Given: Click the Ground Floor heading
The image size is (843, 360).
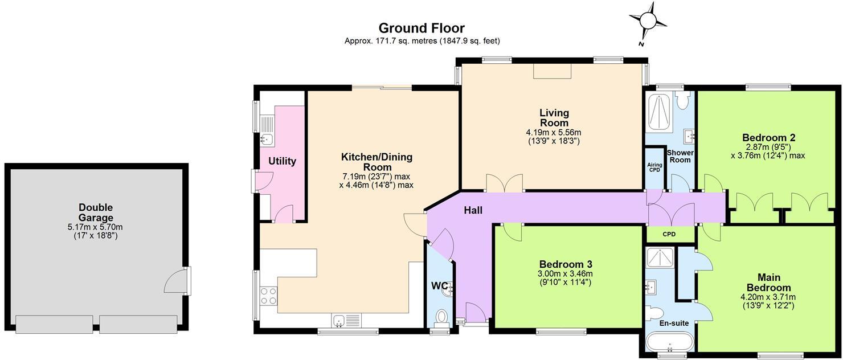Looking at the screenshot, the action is pos(421,28).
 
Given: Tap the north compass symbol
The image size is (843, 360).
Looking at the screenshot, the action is pos(648,21).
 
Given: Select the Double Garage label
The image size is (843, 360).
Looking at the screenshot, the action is pos(96,212).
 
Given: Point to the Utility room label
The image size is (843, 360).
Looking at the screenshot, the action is pos(283,161).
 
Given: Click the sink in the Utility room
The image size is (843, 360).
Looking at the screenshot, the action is pos(268,140).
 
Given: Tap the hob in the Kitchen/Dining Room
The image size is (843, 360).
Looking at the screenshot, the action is pos(268,295).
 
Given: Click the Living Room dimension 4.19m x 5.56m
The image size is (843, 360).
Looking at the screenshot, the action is pos(554,132).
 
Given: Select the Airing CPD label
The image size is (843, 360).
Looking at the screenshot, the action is pos(655,167).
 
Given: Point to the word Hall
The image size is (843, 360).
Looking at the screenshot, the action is pos(473,210).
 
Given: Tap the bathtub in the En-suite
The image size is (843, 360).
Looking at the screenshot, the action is pos(670,343).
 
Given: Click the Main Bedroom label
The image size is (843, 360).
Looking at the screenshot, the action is pos(768,283).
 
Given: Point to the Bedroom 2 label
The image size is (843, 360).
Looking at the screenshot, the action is pos(769,137).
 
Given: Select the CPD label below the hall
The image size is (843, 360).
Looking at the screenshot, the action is pos(669,234).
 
